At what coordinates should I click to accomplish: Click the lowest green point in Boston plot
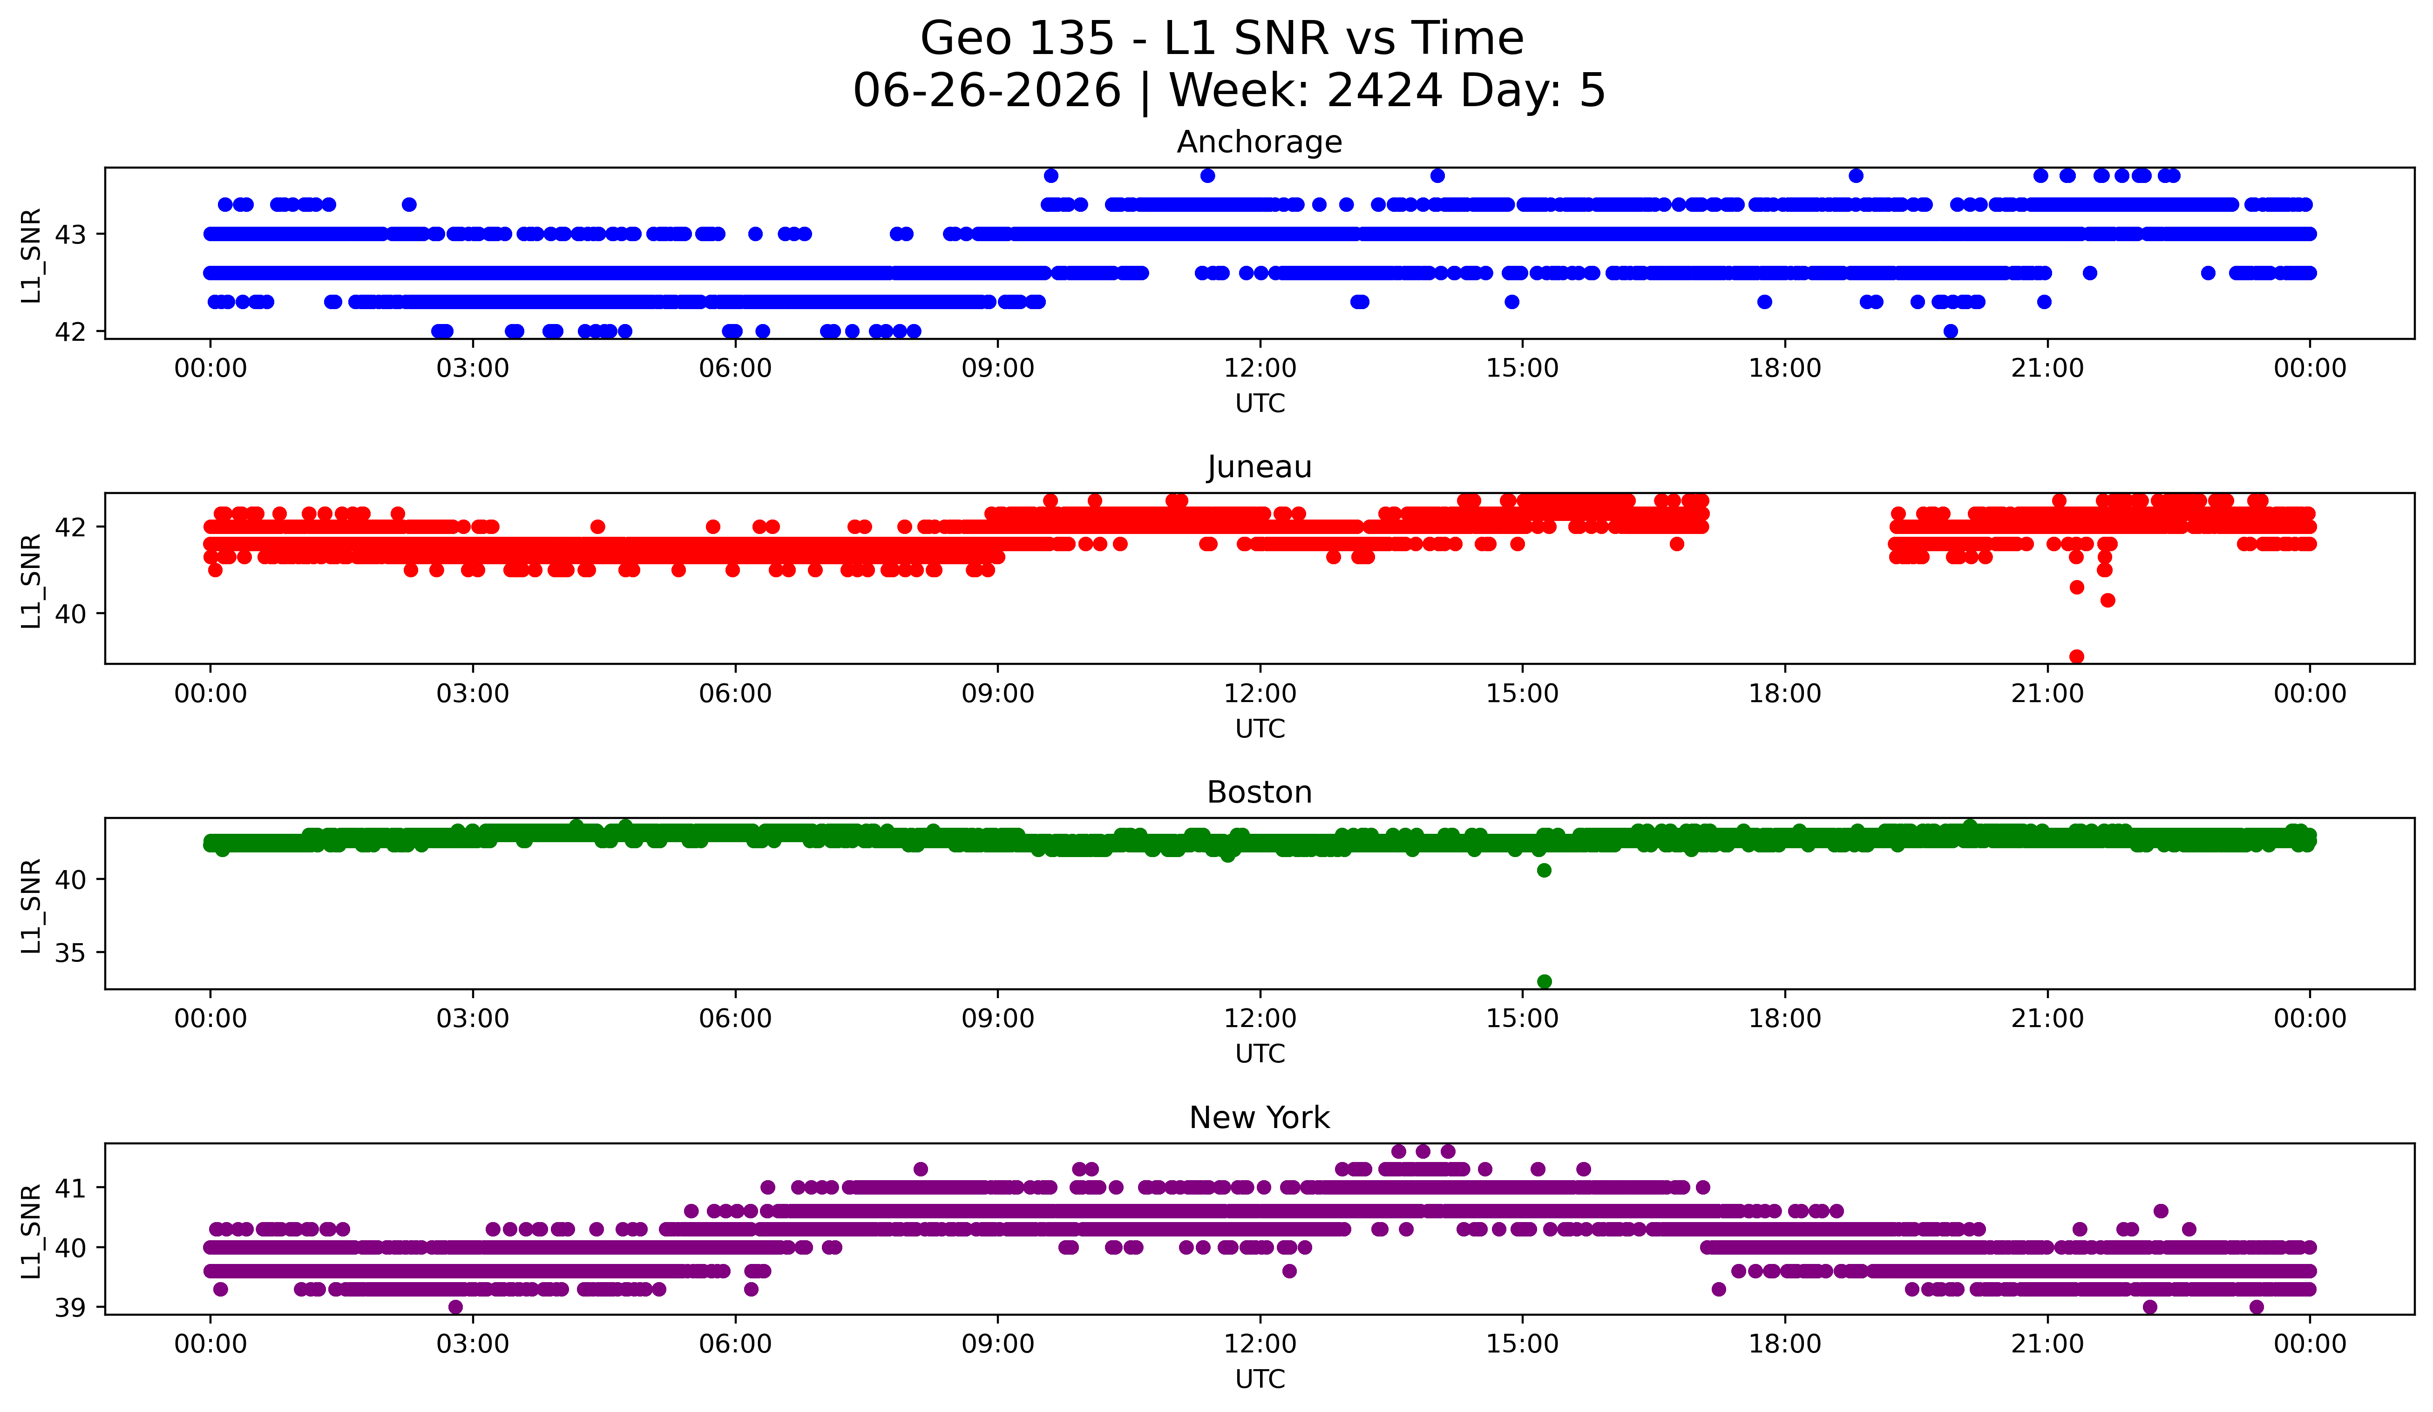coord(1544,981)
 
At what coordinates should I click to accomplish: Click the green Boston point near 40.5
coord(1544,871)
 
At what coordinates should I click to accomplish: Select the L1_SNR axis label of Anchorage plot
coord(32,255)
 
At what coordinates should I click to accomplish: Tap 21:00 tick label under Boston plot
coord(2047,1018)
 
